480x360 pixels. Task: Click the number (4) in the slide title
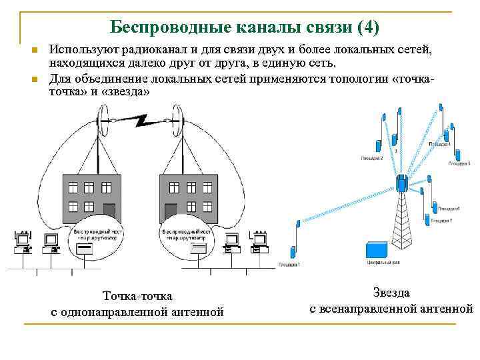367,27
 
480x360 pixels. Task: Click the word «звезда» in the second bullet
127,91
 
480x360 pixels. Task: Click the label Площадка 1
288,265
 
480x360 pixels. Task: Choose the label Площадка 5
459,163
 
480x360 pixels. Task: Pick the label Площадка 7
442,220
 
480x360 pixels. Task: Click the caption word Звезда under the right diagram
391,292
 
